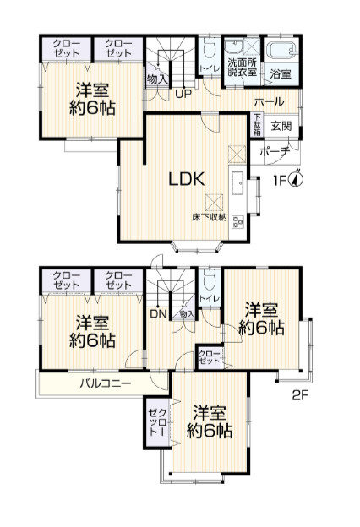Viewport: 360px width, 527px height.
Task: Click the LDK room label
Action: click(x=187, y=179)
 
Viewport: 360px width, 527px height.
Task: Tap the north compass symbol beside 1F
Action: click(x=297, y=177)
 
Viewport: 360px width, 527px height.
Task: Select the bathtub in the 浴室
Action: click(x=282, y=51)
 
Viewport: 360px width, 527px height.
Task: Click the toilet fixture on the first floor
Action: click(x=210, y=51)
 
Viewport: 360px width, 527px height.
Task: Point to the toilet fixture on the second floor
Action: click(x=210, y=281)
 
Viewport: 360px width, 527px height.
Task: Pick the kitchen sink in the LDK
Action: click(x=237, y=183)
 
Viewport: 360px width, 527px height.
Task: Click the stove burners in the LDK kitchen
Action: click(x=238, y=221)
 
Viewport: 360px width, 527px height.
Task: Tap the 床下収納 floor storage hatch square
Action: click(x=214, y=203)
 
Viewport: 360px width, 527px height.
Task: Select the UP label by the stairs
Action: click(x=183, y=93)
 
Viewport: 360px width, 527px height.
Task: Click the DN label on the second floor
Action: click(x=158, y=314)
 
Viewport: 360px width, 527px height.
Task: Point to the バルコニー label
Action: click(x=106, y=383)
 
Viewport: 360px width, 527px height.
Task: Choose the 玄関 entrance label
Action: click(x=281, y=127)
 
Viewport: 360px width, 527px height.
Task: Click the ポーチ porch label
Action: click(x=275, y=151)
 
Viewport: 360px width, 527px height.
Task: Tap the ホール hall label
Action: click(x=269, y=101)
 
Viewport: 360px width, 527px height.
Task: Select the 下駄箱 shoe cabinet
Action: click(x=258, y=125)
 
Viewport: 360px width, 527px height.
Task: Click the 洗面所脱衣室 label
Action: click(x=243, y=67)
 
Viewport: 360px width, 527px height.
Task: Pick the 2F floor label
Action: click(x=300, y=395)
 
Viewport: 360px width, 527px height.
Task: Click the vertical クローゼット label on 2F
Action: click(x=157, y=422)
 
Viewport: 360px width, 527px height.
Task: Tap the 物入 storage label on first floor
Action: click(x=157, y=79)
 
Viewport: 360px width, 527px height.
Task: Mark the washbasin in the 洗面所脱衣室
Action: click(x=233, y=46)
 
